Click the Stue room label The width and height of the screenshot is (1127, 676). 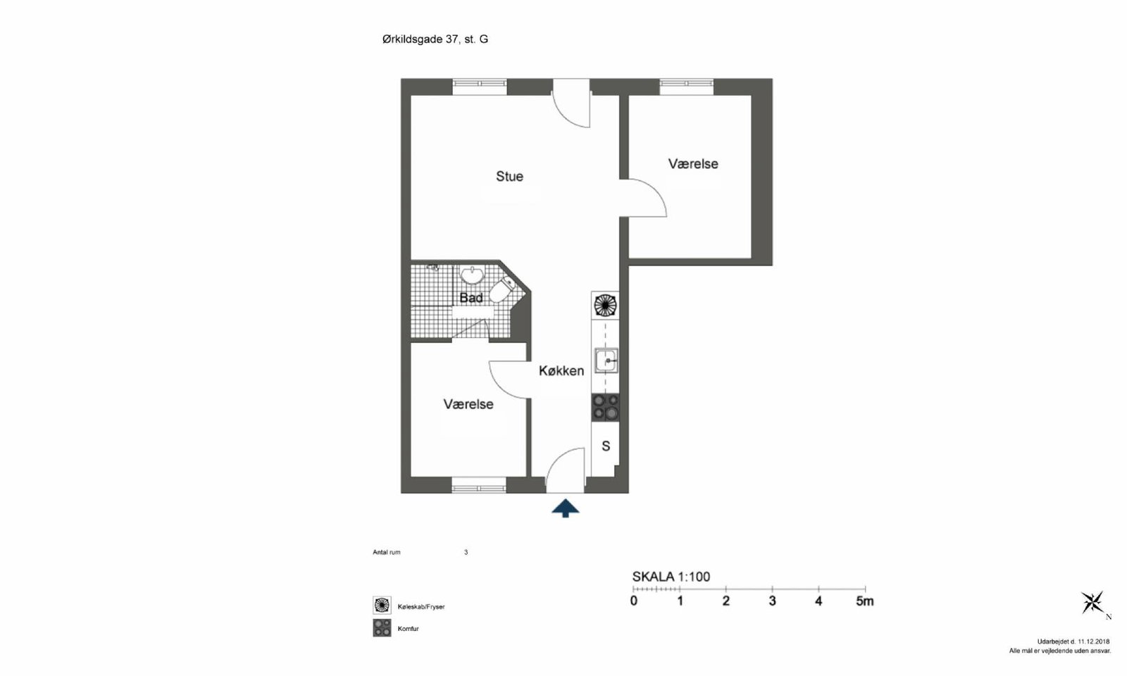pos(509,177)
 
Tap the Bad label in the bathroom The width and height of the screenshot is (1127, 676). pos(471,298)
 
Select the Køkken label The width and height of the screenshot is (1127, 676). pos(561,370)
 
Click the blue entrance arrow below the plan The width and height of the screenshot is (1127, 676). pos(565,508)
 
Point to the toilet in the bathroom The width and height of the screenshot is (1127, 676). pos(501,290)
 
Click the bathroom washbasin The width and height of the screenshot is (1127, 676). pos(472,275)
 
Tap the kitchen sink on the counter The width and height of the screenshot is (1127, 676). pos(606,361)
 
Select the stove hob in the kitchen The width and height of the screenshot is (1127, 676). pos(605,408)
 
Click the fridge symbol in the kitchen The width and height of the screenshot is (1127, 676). pos(605,306)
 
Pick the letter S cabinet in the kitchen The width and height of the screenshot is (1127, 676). pos(606,446)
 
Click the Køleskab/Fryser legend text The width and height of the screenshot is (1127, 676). pos(421,607)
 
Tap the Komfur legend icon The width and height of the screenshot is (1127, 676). pos(382,627)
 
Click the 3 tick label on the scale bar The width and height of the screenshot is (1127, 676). pos(772,601)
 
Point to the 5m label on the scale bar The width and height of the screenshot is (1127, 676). pos(865,601)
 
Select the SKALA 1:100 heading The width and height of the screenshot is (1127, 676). pos(671,577)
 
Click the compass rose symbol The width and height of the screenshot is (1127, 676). pos(1092,603)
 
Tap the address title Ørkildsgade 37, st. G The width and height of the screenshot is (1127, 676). pos(435,39)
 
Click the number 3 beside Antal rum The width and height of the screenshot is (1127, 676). pos(466,552)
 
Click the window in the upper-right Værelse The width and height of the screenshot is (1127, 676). pos(686,87)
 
